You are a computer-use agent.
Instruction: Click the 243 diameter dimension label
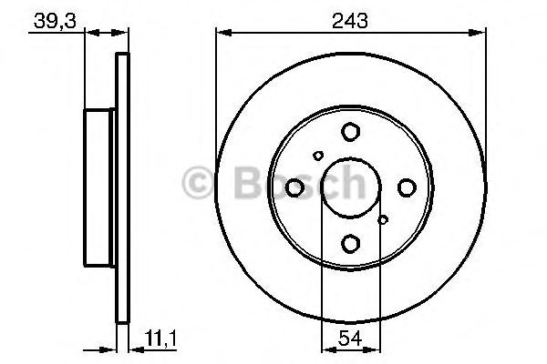click(350, 20)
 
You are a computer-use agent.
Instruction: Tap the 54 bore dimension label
click(350, 339)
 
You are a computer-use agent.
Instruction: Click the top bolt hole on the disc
click(350, 133)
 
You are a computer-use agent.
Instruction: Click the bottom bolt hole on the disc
click(350, 243)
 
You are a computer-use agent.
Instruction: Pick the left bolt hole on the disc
click(294, 187)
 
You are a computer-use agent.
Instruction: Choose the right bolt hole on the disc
click(406, 187)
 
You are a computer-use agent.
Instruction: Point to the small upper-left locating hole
click(317, 156)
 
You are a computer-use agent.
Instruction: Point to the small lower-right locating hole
click(383, 219)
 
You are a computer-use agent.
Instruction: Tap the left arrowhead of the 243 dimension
click(221, 34)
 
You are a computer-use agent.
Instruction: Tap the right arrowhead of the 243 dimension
click(480, 34)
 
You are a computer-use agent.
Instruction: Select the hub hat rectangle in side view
click(100, 187)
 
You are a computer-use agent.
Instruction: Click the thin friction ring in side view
click(120, 187)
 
